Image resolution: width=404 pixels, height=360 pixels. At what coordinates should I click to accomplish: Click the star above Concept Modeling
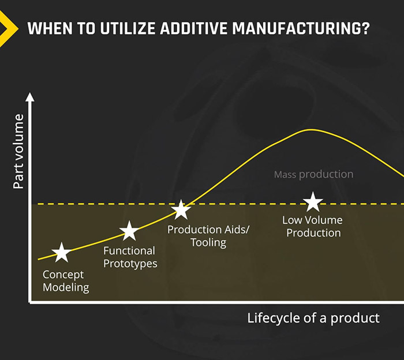coord(61,252)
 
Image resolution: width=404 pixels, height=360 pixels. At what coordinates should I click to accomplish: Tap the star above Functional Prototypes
coord(129,231)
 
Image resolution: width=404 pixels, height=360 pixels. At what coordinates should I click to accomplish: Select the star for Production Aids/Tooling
coord(181,209)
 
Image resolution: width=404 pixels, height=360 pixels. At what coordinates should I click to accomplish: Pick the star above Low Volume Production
coord(313,202)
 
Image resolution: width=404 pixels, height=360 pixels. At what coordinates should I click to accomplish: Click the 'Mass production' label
coord(313,174)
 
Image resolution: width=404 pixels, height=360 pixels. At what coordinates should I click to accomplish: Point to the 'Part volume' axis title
coord(19,152)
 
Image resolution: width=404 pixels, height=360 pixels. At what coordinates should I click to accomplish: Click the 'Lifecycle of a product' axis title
coord(313,318)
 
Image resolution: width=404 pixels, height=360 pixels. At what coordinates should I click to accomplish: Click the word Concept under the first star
coord(63,275)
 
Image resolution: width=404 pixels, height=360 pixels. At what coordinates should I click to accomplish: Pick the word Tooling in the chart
coord(208,242)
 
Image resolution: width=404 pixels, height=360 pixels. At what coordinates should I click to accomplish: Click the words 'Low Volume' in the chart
coord(312,220)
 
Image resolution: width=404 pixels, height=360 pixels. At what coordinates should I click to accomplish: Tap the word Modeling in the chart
coord(66,287)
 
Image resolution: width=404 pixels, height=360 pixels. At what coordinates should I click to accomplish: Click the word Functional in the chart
coord(129,251)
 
